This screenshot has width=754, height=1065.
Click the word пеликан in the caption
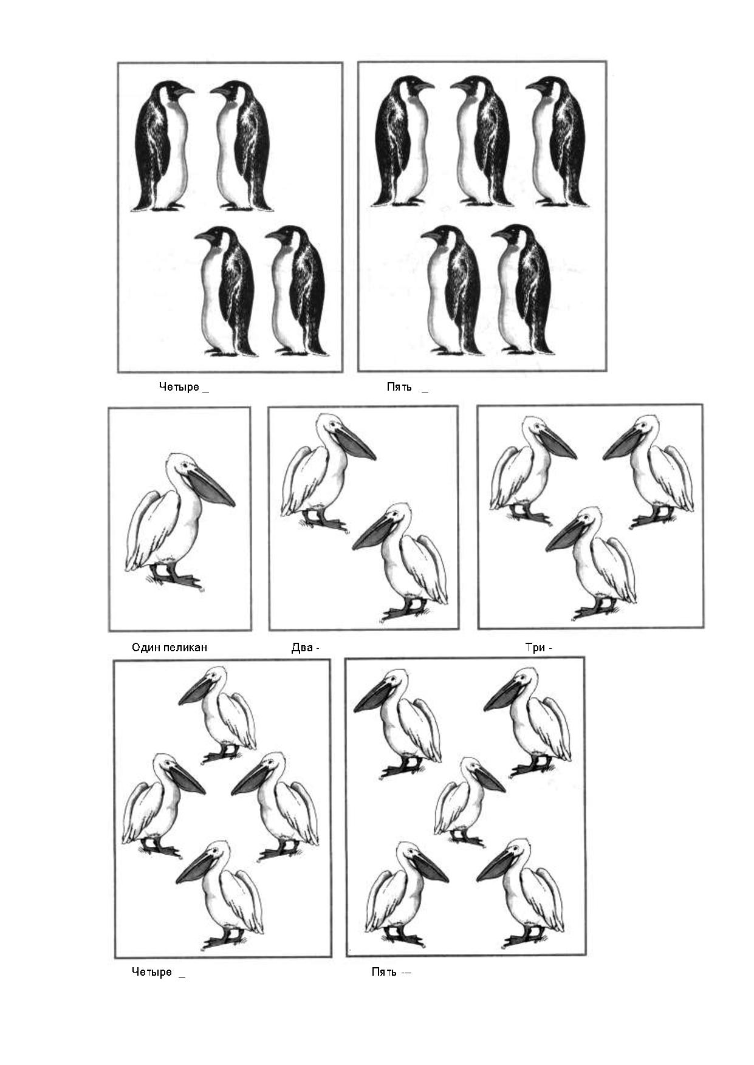click(x=185, y=648)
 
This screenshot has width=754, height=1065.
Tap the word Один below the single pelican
click(x=146, y=648)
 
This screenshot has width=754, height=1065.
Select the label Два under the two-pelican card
click(x=302, y=648)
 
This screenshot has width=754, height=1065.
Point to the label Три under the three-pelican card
click(x=535, y=648)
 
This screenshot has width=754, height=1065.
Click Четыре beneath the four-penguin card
click(x=179, y=387)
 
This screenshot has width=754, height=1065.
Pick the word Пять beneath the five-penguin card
click(x=399, y=387)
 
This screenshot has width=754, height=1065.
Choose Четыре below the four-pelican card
click(x=152, y=972)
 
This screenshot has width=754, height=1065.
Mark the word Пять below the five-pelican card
click(x=384, y=972)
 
